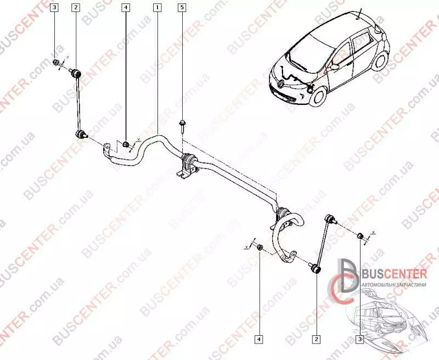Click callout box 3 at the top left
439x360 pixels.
coord(55,8)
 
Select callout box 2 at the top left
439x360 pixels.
coord(75,8)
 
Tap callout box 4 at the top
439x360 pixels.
coord(126,8)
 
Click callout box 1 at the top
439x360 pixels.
coord(157,8)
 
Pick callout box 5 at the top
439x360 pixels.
coord(182,8)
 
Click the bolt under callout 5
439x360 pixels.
coord(182,125)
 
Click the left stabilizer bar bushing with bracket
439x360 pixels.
coord(187,164)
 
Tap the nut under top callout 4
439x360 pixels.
coord(126,144)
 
